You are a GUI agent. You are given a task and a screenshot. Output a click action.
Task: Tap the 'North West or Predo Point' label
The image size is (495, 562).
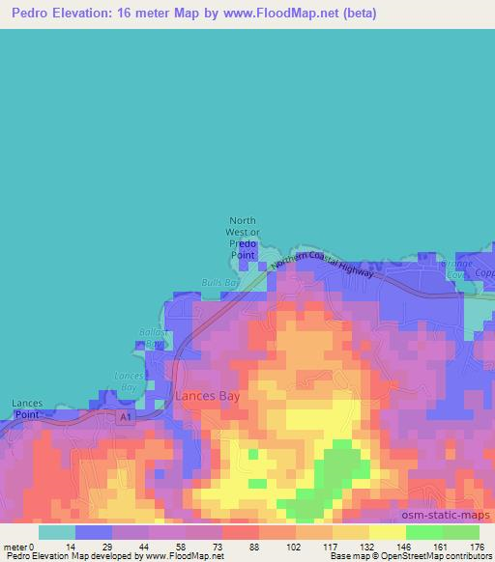click(x=244, y=237)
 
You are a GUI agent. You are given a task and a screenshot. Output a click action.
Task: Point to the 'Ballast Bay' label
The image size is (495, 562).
click(x=155, y=337)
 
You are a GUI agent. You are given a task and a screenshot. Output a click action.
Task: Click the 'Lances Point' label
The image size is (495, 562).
click(x=27, y=407)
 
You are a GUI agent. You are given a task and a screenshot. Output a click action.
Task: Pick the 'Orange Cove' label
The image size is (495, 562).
click(x=459, y=267)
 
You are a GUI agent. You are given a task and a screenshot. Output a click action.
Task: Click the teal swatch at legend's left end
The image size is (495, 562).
click(x=56, y=532)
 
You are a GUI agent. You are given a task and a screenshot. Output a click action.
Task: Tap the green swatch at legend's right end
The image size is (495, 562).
click(x=461, y=532)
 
